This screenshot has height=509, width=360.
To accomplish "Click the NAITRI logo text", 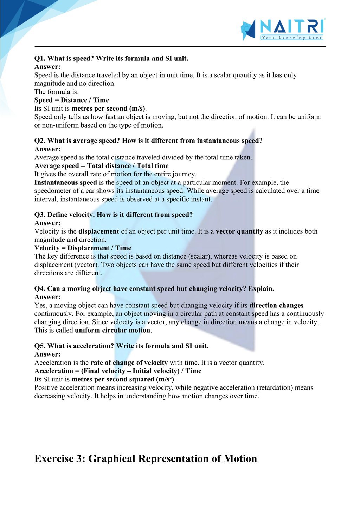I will point(292,26).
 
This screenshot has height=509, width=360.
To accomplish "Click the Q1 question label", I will point(40,58).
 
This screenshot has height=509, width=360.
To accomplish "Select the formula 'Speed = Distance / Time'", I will point(72,100).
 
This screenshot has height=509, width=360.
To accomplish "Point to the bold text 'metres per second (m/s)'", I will point(108,109).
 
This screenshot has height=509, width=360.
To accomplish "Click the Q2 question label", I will point(40,141).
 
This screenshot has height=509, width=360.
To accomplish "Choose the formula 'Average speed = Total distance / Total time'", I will point(101,166).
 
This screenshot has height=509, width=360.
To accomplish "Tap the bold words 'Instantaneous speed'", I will point(65,183).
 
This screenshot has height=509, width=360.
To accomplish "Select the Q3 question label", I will point(40,215).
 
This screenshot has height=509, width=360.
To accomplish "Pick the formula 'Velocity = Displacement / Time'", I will point(83,248).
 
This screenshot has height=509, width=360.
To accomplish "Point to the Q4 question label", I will point(40,289).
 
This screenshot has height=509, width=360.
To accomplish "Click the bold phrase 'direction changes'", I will point(276,306).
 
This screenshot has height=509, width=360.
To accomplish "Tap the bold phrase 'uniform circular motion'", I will point(112,331).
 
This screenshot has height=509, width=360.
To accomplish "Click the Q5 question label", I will point(40,346).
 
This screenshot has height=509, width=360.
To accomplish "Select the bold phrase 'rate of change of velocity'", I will point(129,363).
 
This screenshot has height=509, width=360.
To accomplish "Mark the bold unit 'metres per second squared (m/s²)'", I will point(123,379).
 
